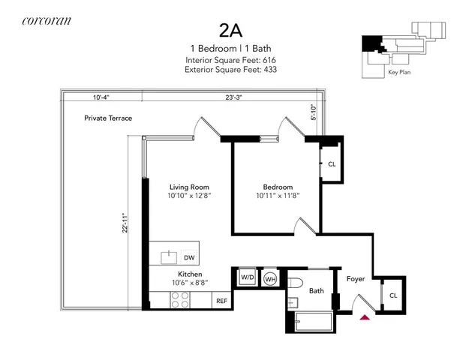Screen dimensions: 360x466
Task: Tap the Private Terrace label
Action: [x=108, y=118]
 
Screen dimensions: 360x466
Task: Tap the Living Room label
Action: [x=189, y=187]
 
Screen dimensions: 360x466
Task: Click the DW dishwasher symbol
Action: [x=189, y=257]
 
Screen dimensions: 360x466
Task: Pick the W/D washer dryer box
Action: [x=247, y=277]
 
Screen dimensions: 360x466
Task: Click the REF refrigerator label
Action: [x=221, y=301]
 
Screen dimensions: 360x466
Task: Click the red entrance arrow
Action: [x=365, y=316]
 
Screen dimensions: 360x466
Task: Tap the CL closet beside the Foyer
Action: [x=393, y=295]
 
